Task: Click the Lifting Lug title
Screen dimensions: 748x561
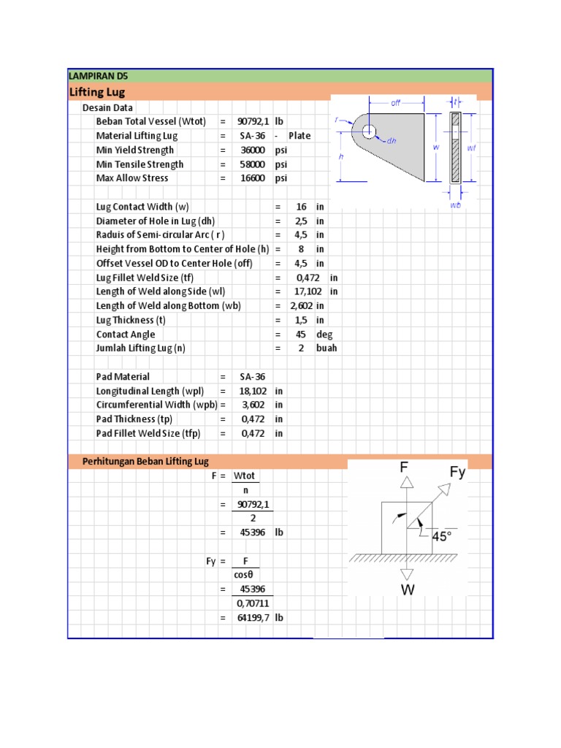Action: (96, 92)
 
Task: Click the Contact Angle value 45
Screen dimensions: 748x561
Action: (300, 335)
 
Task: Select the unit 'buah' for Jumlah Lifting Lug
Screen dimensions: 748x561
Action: (327, 348)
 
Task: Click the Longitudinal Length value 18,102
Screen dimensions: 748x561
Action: (253, 391)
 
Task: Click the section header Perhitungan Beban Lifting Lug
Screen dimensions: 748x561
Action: (145, 462)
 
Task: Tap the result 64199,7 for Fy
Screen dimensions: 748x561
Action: (253, 618)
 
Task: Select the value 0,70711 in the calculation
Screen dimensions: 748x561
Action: (253, 604)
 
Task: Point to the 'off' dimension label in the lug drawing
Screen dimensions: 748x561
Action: (395, 103)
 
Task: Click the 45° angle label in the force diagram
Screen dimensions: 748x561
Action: (442, 536)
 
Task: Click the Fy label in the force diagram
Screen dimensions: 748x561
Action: (457, 473)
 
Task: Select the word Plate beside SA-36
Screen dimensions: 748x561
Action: (299, 136)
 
